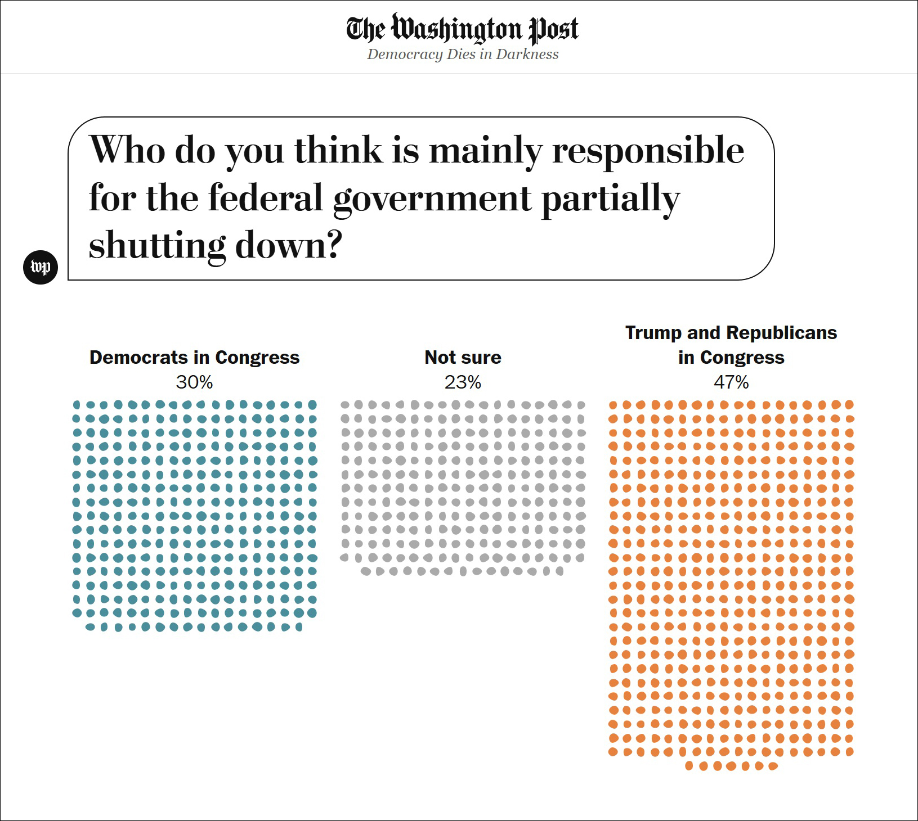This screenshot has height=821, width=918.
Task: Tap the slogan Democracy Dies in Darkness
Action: tap(463, 55)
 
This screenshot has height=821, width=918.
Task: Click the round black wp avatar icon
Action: tap(41, 267)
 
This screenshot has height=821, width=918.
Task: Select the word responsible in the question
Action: tap(648, 150)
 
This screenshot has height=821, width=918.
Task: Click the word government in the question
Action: tap(432, 199)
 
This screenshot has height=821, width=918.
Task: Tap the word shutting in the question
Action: tap(157, 246)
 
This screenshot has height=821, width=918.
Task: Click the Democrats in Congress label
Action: tap(194, 358)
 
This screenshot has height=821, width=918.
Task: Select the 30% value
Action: tap(194, 382)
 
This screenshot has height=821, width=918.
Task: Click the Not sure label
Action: tap(463, 358)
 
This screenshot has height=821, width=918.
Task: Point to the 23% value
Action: tap(463, 382)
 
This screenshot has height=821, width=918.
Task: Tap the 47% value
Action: tap(731, 382)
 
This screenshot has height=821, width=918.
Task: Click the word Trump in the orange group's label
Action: tap(653, 333)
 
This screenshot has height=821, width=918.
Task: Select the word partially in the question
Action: tap(610, 199)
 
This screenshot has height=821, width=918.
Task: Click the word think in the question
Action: tap(338, 150)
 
